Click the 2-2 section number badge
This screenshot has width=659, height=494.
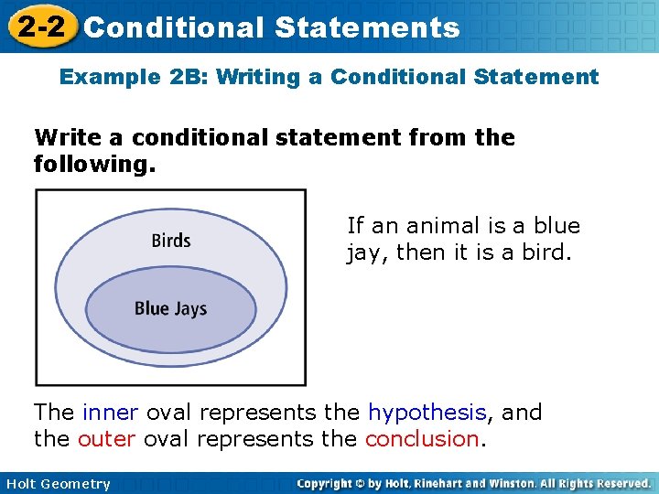tap(39, 27)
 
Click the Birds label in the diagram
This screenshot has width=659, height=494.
tap(171, 241)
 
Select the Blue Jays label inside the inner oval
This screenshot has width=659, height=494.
tap(171, 308)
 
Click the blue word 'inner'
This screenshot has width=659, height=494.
tap(111, 413)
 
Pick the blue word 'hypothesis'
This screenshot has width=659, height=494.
tap(426, 413)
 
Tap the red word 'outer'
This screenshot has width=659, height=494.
tap(106, 438)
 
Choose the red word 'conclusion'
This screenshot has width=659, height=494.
tap(422, 438)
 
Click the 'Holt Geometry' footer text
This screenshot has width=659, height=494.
tap(57, 484)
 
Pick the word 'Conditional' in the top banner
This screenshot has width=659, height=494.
tap(173, 27)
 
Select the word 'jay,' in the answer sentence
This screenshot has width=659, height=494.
tap(366, 252)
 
